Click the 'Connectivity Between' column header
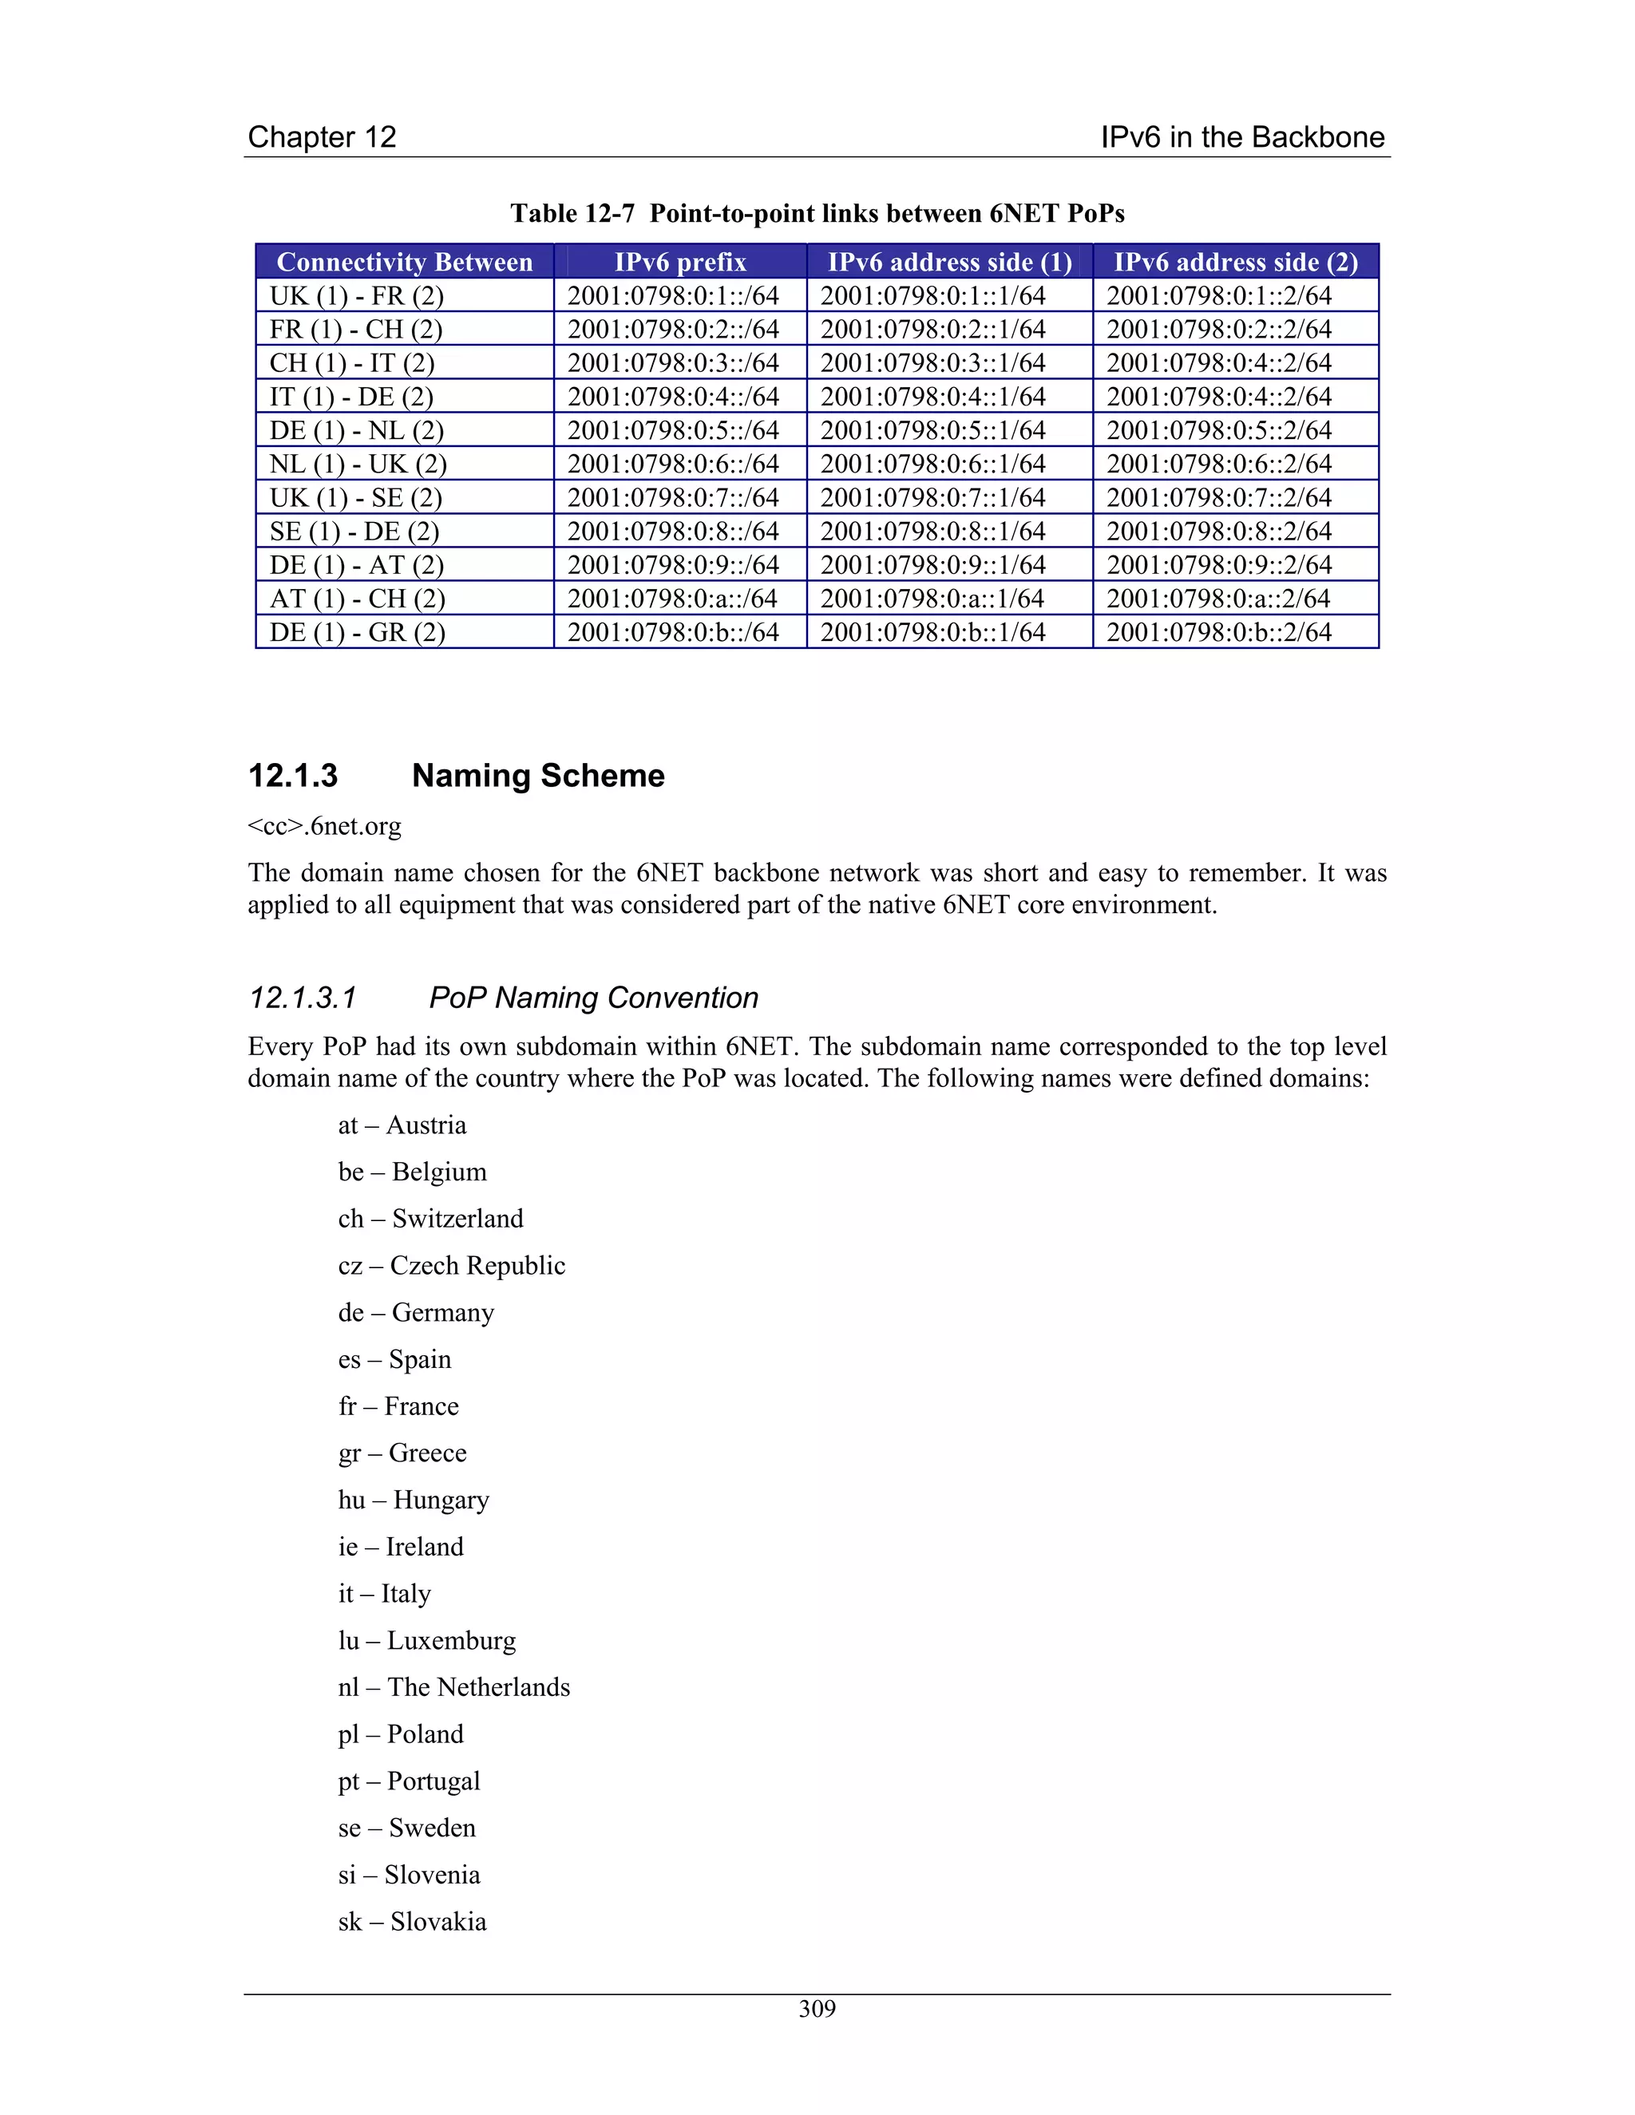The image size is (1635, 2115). [x=405, y=263]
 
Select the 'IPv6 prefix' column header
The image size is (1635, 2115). [x=680, y=263]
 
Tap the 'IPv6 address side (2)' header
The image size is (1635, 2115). [x=1235, y=263]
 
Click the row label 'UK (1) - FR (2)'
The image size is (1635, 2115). [x=356, y=295]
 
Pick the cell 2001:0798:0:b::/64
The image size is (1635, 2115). [x=673, y=632]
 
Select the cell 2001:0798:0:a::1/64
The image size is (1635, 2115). [x=932, y=599]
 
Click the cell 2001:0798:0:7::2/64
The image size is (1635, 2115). [x=1220, y=498]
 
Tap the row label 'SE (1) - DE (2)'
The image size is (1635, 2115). [x=354, y=532]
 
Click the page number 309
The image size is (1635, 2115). [x=817, y=2009]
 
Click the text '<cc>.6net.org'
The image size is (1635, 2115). [x=324, y=826]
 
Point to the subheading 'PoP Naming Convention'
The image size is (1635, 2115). [x=593, y=998]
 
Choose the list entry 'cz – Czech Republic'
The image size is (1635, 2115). [x=451, y=1266]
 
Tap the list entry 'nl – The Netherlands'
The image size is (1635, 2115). [x=454, y=1687]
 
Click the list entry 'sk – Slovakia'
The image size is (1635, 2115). [x=413, y=1921]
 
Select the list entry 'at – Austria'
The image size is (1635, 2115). [x=402, y=1125]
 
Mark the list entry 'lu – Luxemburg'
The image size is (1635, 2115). [x=427, y=1640]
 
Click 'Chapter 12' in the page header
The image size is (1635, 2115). [x=323, y=136]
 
